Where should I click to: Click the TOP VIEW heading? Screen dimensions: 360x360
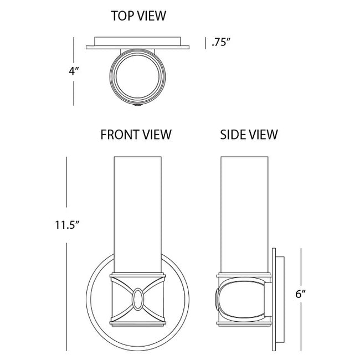pos(138,16)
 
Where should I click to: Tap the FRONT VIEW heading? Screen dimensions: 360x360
pos(136,135)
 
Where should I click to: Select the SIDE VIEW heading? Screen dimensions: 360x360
pos(249,135)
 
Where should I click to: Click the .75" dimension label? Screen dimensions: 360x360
pos(221,42)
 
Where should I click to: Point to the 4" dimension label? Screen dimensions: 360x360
pos(74,71)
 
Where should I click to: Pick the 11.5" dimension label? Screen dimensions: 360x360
pos(67,225)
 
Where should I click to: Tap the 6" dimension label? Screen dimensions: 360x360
pos(301,294)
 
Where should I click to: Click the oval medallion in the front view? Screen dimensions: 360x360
pos(138,300)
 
